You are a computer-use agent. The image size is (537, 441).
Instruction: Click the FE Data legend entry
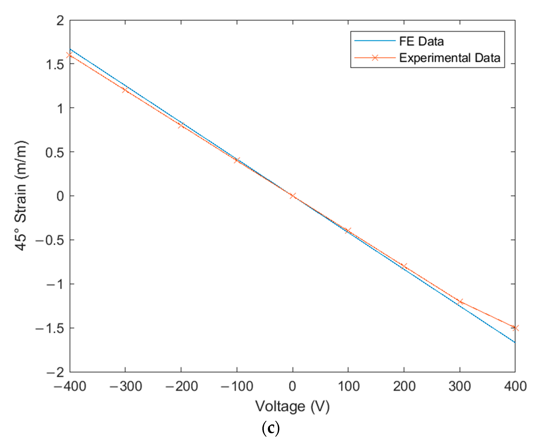[x=421, y=41]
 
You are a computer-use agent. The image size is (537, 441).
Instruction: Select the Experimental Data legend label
[x=450, y=58]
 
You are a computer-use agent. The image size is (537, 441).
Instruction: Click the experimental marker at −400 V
[x=70, y=55]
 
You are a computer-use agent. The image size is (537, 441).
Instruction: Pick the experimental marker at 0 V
[x=293, y=196]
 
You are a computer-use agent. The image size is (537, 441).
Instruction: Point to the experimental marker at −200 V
[x=181, y=125]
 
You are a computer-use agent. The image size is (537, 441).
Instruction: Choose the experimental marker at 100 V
[x=348, y=231]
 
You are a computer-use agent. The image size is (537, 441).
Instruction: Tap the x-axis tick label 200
[x=404, y=386]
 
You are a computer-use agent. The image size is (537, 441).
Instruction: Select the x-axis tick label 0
[x=293, y=386]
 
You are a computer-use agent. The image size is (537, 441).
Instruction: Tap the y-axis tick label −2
[x=55, y=372]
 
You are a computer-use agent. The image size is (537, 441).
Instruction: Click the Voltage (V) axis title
[x=292, y=407]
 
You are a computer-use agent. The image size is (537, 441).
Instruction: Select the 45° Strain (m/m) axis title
[x=21, y=196]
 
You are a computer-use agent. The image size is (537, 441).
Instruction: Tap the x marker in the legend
[x=375, y=58]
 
